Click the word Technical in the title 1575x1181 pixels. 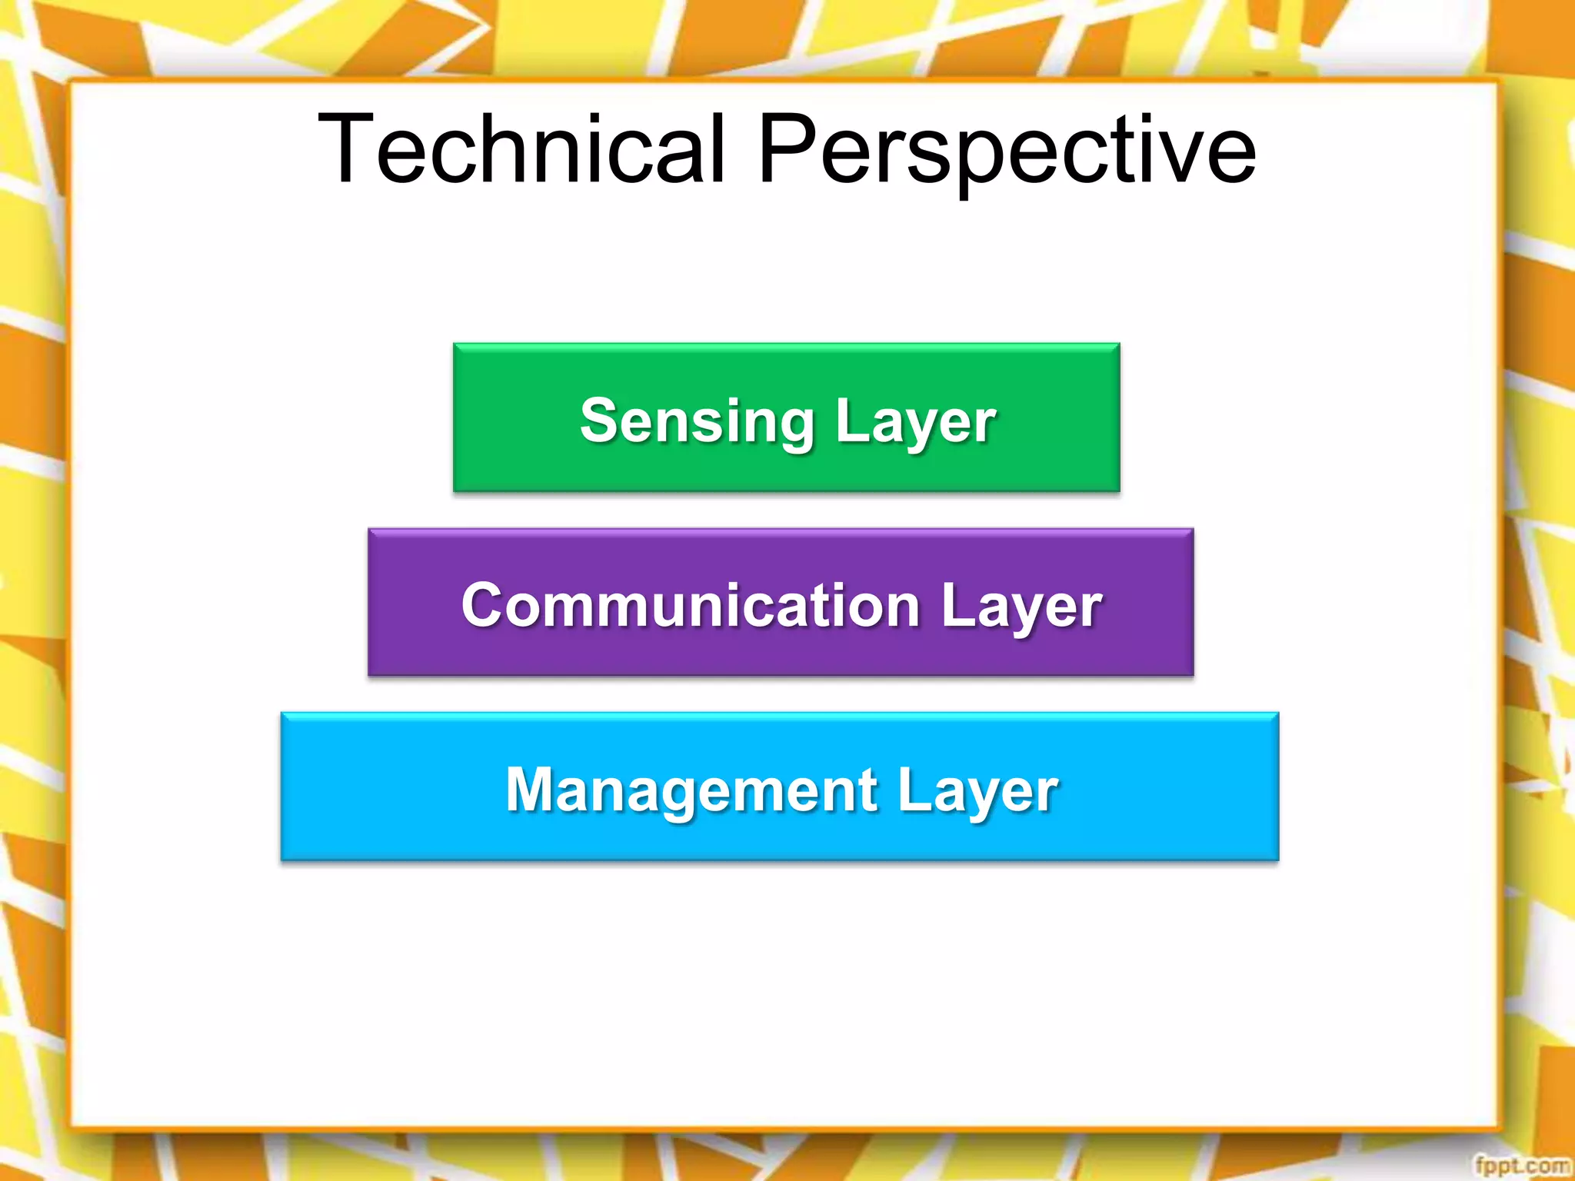coord(521,149)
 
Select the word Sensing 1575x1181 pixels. coord(697,421)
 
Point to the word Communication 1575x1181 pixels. coord(691,605)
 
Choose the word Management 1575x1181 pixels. coord(691,790)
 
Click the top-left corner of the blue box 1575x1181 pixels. coord(283,715)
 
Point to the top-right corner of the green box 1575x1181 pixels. coord(1118,345)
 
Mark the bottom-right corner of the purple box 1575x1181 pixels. coord(1192,674)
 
